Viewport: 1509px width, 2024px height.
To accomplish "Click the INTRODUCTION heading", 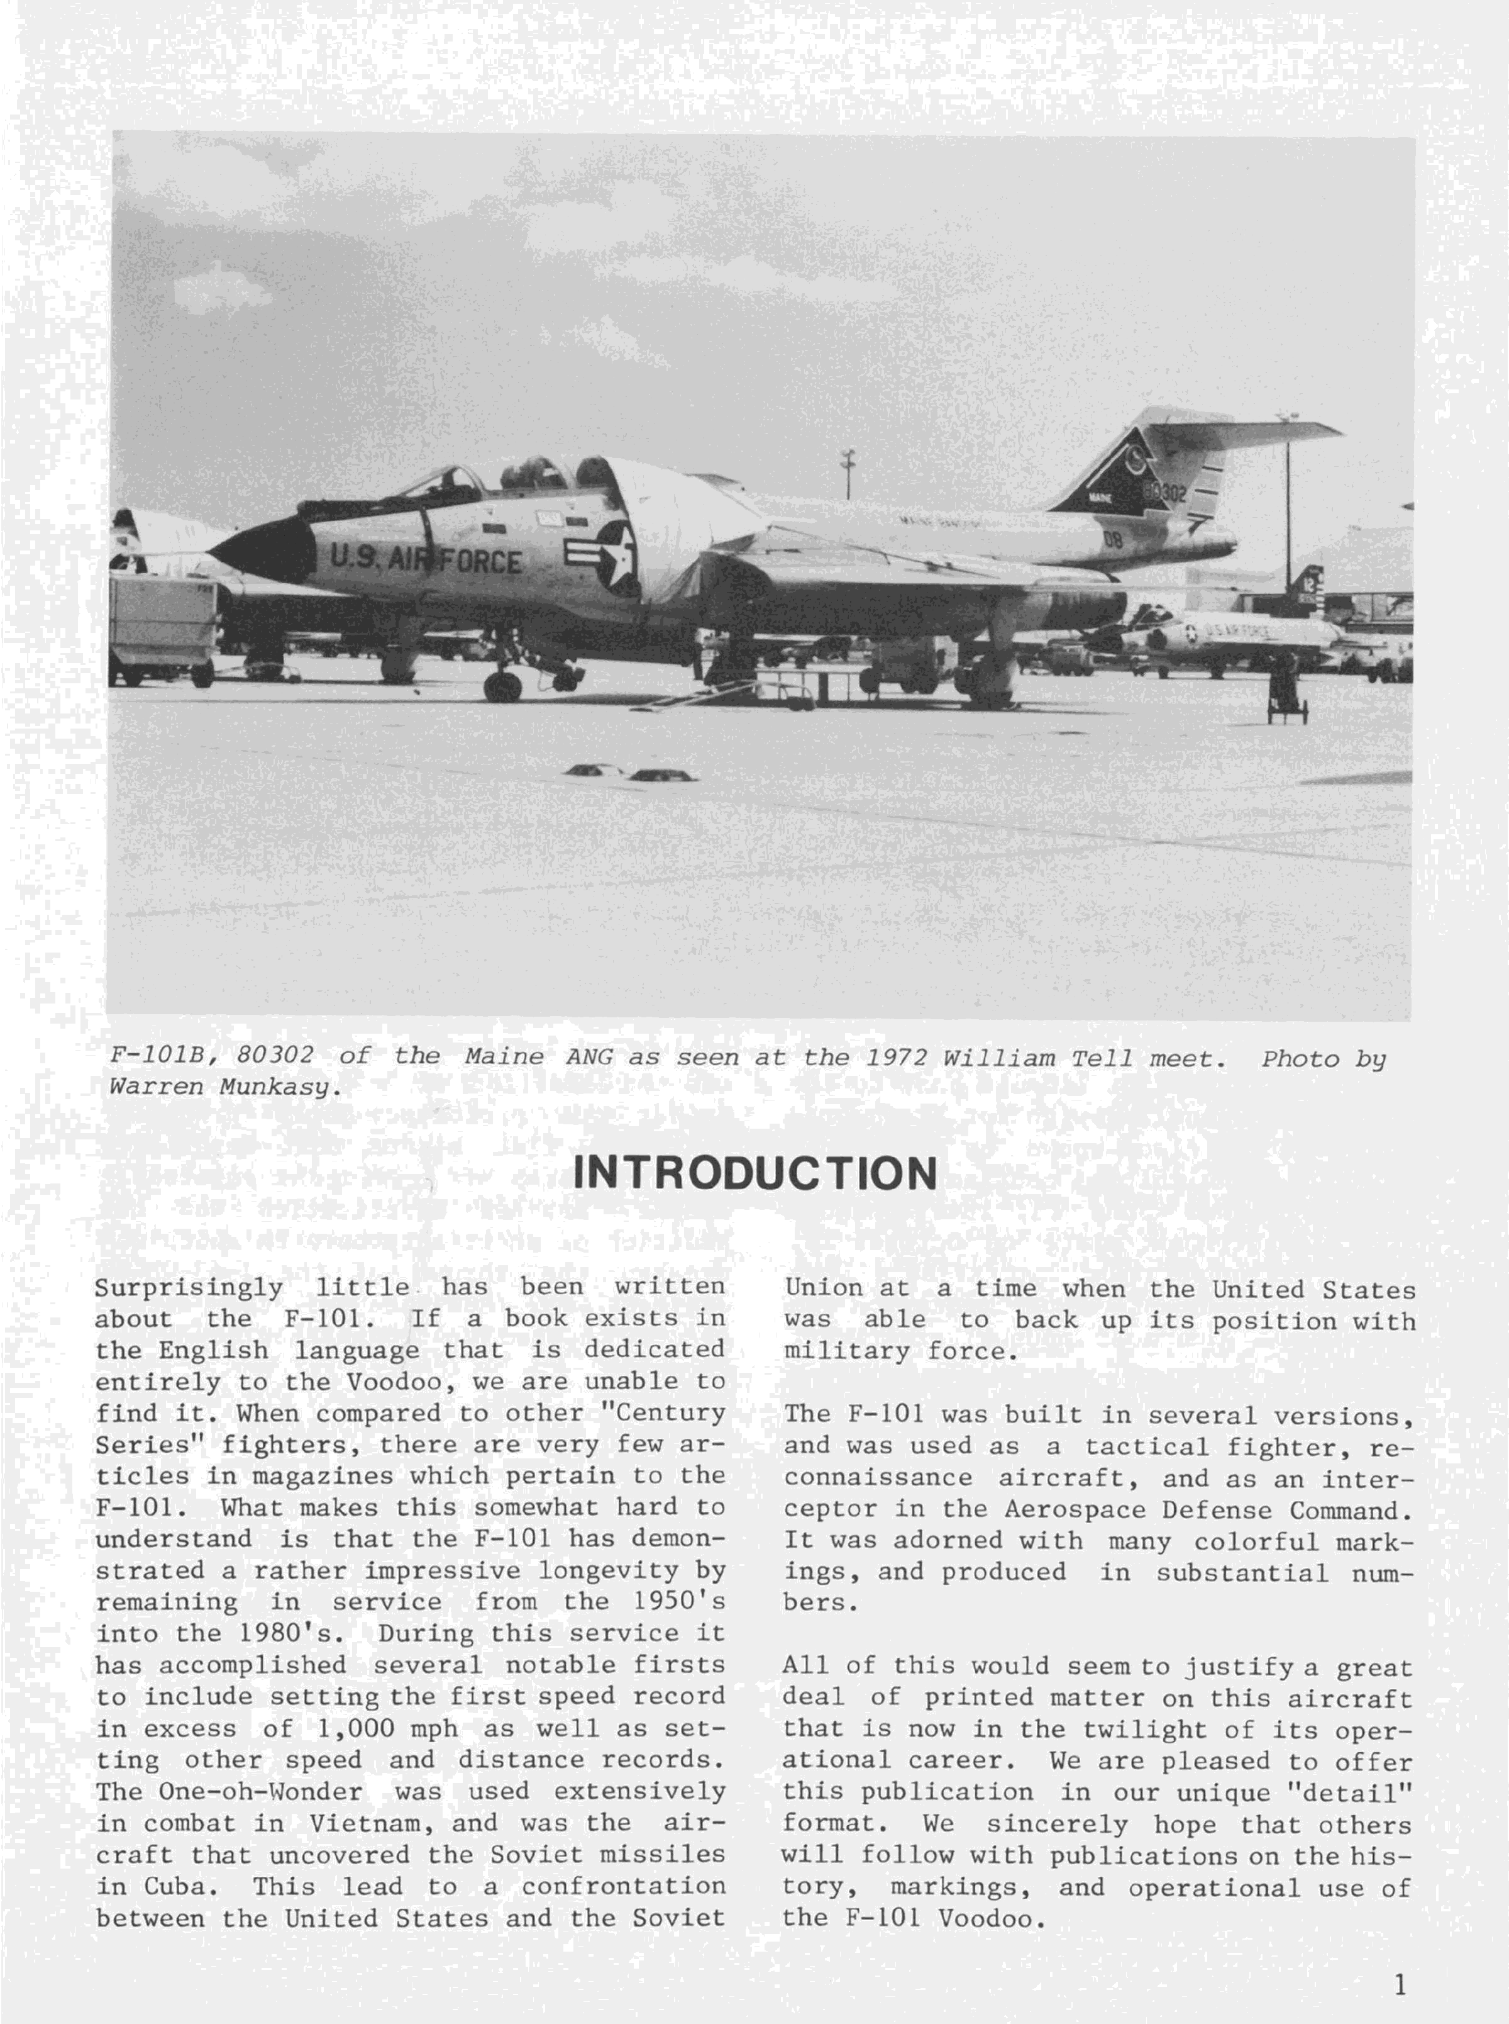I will pos(754,1174).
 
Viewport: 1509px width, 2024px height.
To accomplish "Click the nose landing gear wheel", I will pos(502,685).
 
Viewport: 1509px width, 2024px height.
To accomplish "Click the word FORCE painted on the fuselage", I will pos(478,559).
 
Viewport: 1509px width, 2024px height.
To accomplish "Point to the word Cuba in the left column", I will pos(174,1886).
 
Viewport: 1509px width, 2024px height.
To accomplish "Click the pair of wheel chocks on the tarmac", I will pos(630,774).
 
